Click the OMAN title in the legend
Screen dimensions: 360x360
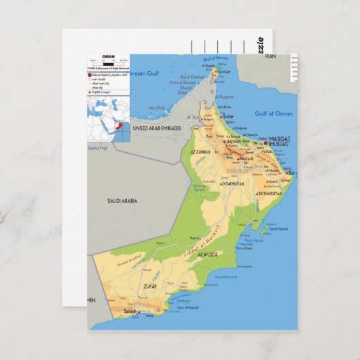click(109, 56)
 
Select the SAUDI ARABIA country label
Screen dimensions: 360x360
click(122, 201)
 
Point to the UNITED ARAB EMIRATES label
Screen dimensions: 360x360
click(157, 128)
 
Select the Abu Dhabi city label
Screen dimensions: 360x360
click(158, 108)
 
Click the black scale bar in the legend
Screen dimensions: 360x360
click(108, 63)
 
